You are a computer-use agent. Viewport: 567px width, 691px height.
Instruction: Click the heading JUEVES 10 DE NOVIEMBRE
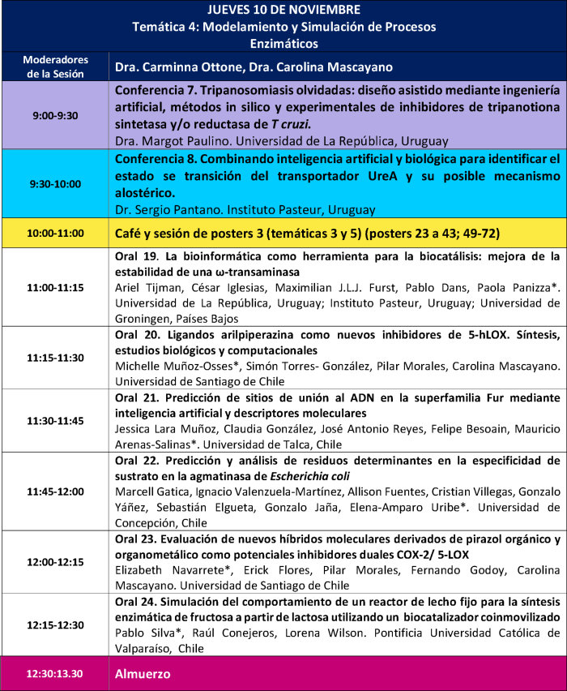283,10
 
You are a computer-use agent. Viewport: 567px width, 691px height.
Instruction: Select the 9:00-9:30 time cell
56,116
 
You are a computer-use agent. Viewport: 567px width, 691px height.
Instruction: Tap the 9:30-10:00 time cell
56,184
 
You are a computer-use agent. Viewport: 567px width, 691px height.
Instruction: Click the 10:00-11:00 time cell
56,233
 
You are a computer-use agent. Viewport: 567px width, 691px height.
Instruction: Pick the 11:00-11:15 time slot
56,287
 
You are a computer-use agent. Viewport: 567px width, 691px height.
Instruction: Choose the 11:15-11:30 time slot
56,357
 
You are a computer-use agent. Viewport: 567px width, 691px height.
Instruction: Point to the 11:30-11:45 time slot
56,421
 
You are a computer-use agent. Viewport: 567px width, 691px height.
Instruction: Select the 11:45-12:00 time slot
56,491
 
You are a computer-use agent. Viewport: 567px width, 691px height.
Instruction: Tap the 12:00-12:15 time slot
56,561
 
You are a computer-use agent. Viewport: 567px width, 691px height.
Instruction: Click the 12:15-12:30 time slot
56,625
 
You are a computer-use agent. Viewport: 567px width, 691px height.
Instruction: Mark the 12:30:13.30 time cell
56,674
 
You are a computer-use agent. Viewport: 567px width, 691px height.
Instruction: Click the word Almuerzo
143,674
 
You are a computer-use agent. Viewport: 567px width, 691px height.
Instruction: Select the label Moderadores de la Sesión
56,67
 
